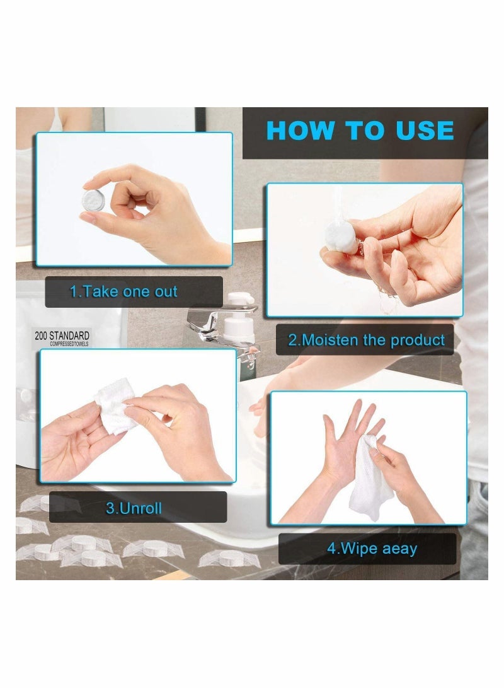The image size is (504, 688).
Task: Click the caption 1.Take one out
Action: click(123, 291)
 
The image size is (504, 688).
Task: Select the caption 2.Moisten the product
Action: click(366, 340)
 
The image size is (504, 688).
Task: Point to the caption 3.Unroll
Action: click(134, 508)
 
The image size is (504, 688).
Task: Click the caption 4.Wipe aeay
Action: click(372, 548)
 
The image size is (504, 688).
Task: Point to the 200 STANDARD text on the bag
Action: click(62, 335)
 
